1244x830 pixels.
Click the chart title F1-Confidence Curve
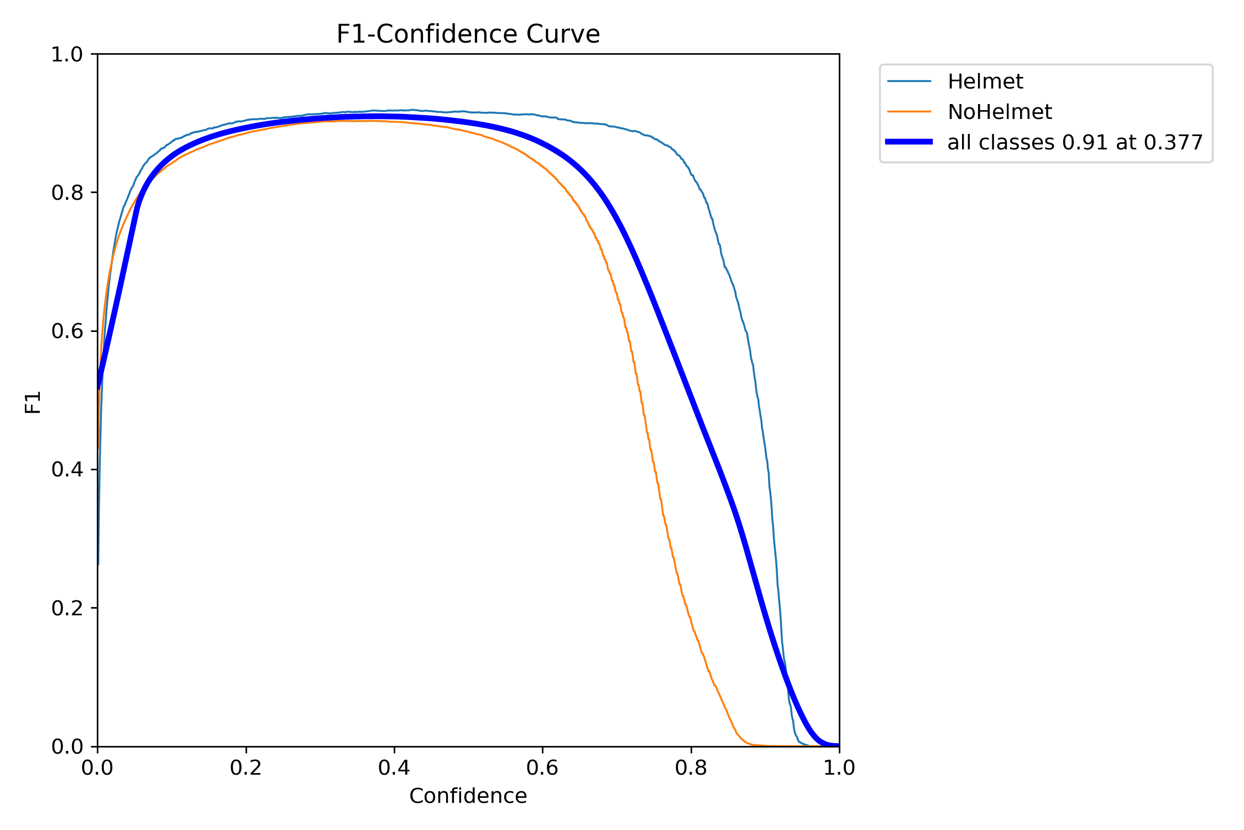[468, 34]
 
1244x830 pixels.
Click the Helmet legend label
[985, 82]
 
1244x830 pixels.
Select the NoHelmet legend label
[999, 112]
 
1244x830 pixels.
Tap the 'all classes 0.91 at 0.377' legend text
[1075, 143]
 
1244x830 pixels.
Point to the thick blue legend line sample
[909, 142]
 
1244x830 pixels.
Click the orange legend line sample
[909, 112]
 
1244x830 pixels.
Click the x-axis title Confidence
[468, 796]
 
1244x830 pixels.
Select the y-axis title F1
[33, 402]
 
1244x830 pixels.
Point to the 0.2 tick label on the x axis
[245, 768]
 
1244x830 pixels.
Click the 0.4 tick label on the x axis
[394, 768]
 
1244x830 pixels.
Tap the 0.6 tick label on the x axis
[542, 768]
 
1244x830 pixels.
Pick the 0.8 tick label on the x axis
[691, 768]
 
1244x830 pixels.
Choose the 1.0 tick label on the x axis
[839, 768]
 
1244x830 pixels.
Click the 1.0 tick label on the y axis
[67, 55]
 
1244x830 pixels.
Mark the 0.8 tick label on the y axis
[67, 193]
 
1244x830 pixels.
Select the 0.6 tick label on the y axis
[67, 331]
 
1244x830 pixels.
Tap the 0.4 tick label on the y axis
[67, 470]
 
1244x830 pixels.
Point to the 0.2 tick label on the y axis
[67, 608]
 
